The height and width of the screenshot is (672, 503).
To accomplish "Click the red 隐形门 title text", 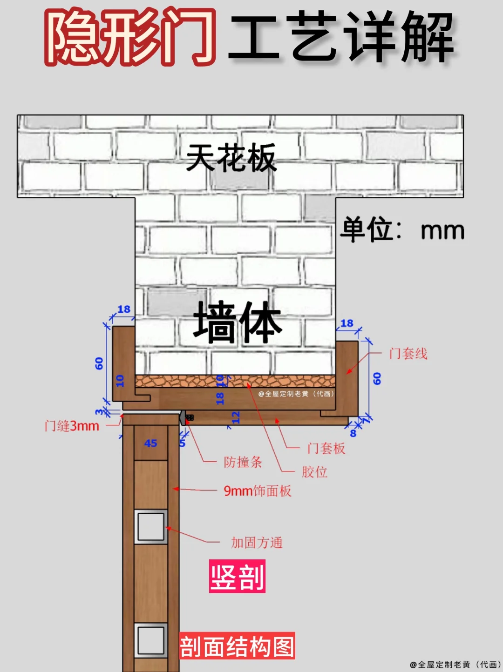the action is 130,37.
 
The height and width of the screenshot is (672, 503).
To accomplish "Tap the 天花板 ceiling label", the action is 231,158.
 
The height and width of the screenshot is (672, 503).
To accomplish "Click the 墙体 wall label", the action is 238,322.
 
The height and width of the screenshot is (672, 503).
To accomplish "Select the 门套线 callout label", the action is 408,354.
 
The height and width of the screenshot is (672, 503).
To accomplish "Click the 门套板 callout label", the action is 326,449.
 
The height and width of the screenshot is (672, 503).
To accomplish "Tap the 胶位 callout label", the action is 314,472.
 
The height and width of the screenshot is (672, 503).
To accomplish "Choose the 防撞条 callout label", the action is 243,462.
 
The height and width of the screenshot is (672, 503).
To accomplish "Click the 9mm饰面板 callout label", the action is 258,491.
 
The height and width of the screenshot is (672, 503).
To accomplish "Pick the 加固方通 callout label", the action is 257,543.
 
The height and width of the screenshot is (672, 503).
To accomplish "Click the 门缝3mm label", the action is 72,426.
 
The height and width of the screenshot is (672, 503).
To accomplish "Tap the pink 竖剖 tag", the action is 237,577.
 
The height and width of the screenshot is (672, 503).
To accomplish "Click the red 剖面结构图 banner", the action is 237,646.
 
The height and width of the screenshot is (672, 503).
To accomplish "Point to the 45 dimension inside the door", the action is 150,444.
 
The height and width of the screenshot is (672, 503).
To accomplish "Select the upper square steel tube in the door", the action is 151,527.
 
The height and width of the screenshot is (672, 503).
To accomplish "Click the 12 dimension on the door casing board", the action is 236,417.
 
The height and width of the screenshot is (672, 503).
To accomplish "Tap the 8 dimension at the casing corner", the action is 353,433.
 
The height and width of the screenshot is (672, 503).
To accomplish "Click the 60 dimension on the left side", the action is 99,363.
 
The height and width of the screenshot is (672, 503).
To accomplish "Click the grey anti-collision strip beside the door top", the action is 183,417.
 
